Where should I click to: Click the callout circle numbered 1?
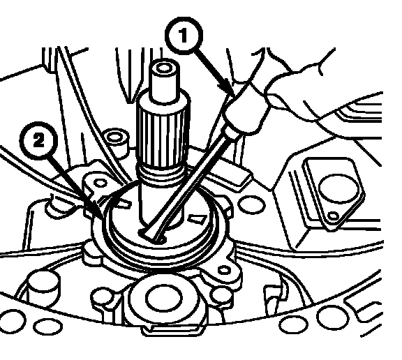[x=184, y=36]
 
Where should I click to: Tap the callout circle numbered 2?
[x=38, y=141]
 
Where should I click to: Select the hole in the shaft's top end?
[x=163, y=68]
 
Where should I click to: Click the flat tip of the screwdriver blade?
[x=151, y=235]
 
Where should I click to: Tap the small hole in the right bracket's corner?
[x=334, y=216]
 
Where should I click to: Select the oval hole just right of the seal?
[x=252, y=204]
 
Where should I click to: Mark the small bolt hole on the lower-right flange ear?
[x=225, y=270]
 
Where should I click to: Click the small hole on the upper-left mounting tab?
[x=100, y=183]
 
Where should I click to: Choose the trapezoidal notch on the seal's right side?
[x=198, y=218]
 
